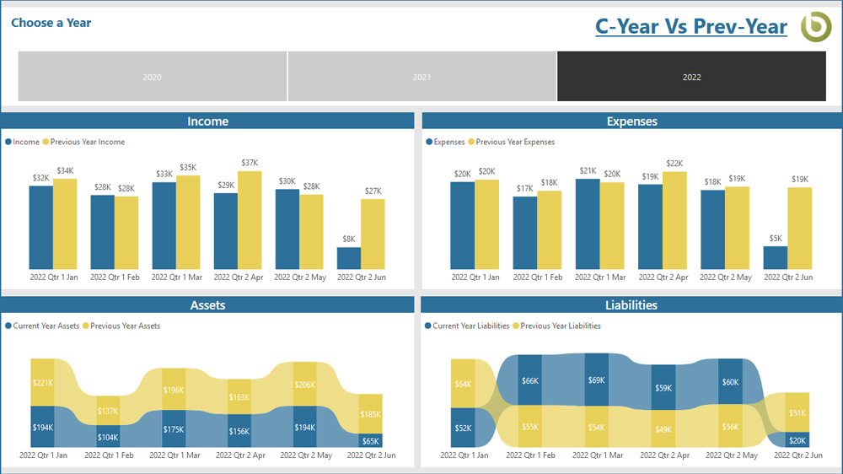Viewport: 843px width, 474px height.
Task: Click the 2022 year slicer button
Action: pyautogui.click(x=691, y=77)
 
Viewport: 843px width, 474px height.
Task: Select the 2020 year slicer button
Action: pyautogui.click(x=153, y=77)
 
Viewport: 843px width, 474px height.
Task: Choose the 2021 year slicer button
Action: pyautogui.click(x=421, y=77)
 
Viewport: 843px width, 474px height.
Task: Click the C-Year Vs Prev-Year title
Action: pyautogui.click(x=690, y=26)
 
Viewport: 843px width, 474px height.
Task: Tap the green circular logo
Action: pyautogui.click(x=815, y=26)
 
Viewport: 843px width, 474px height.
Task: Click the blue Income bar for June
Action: pyautogui.click(x=349, y=258)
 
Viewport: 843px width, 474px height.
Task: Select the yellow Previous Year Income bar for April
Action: pyautogui.click(x=250, y=219)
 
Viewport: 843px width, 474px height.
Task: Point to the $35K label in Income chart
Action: pyautogui.click(x=188, y=168)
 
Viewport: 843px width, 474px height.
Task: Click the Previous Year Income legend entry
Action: pyautogui.click(x=87, y=142)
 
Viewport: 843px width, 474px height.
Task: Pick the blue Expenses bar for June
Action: pyautogui.click(x=776, y=257)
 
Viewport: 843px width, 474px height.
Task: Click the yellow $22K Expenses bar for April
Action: pyautogui.click(x=674, y=219)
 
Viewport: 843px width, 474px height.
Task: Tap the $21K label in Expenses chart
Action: pyautogui.click(x=588, y=171)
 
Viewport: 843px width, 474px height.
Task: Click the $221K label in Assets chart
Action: pyautogui.click(x=42, y=382)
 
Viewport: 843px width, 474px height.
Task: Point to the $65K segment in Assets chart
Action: pyautogui.click(x=371, y=440)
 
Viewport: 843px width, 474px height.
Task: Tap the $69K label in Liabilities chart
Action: pyautogui.click(x=596, y=380)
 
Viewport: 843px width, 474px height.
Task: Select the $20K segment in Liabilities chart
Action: pyautogui.click(x=797, y=440)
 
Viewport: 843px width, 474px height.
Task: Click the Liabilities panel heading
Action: pyautogui.click(x=631, y=304)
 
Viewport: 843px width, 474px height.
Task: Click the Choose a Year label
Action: pyautogui.click(x=51, y=23)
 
